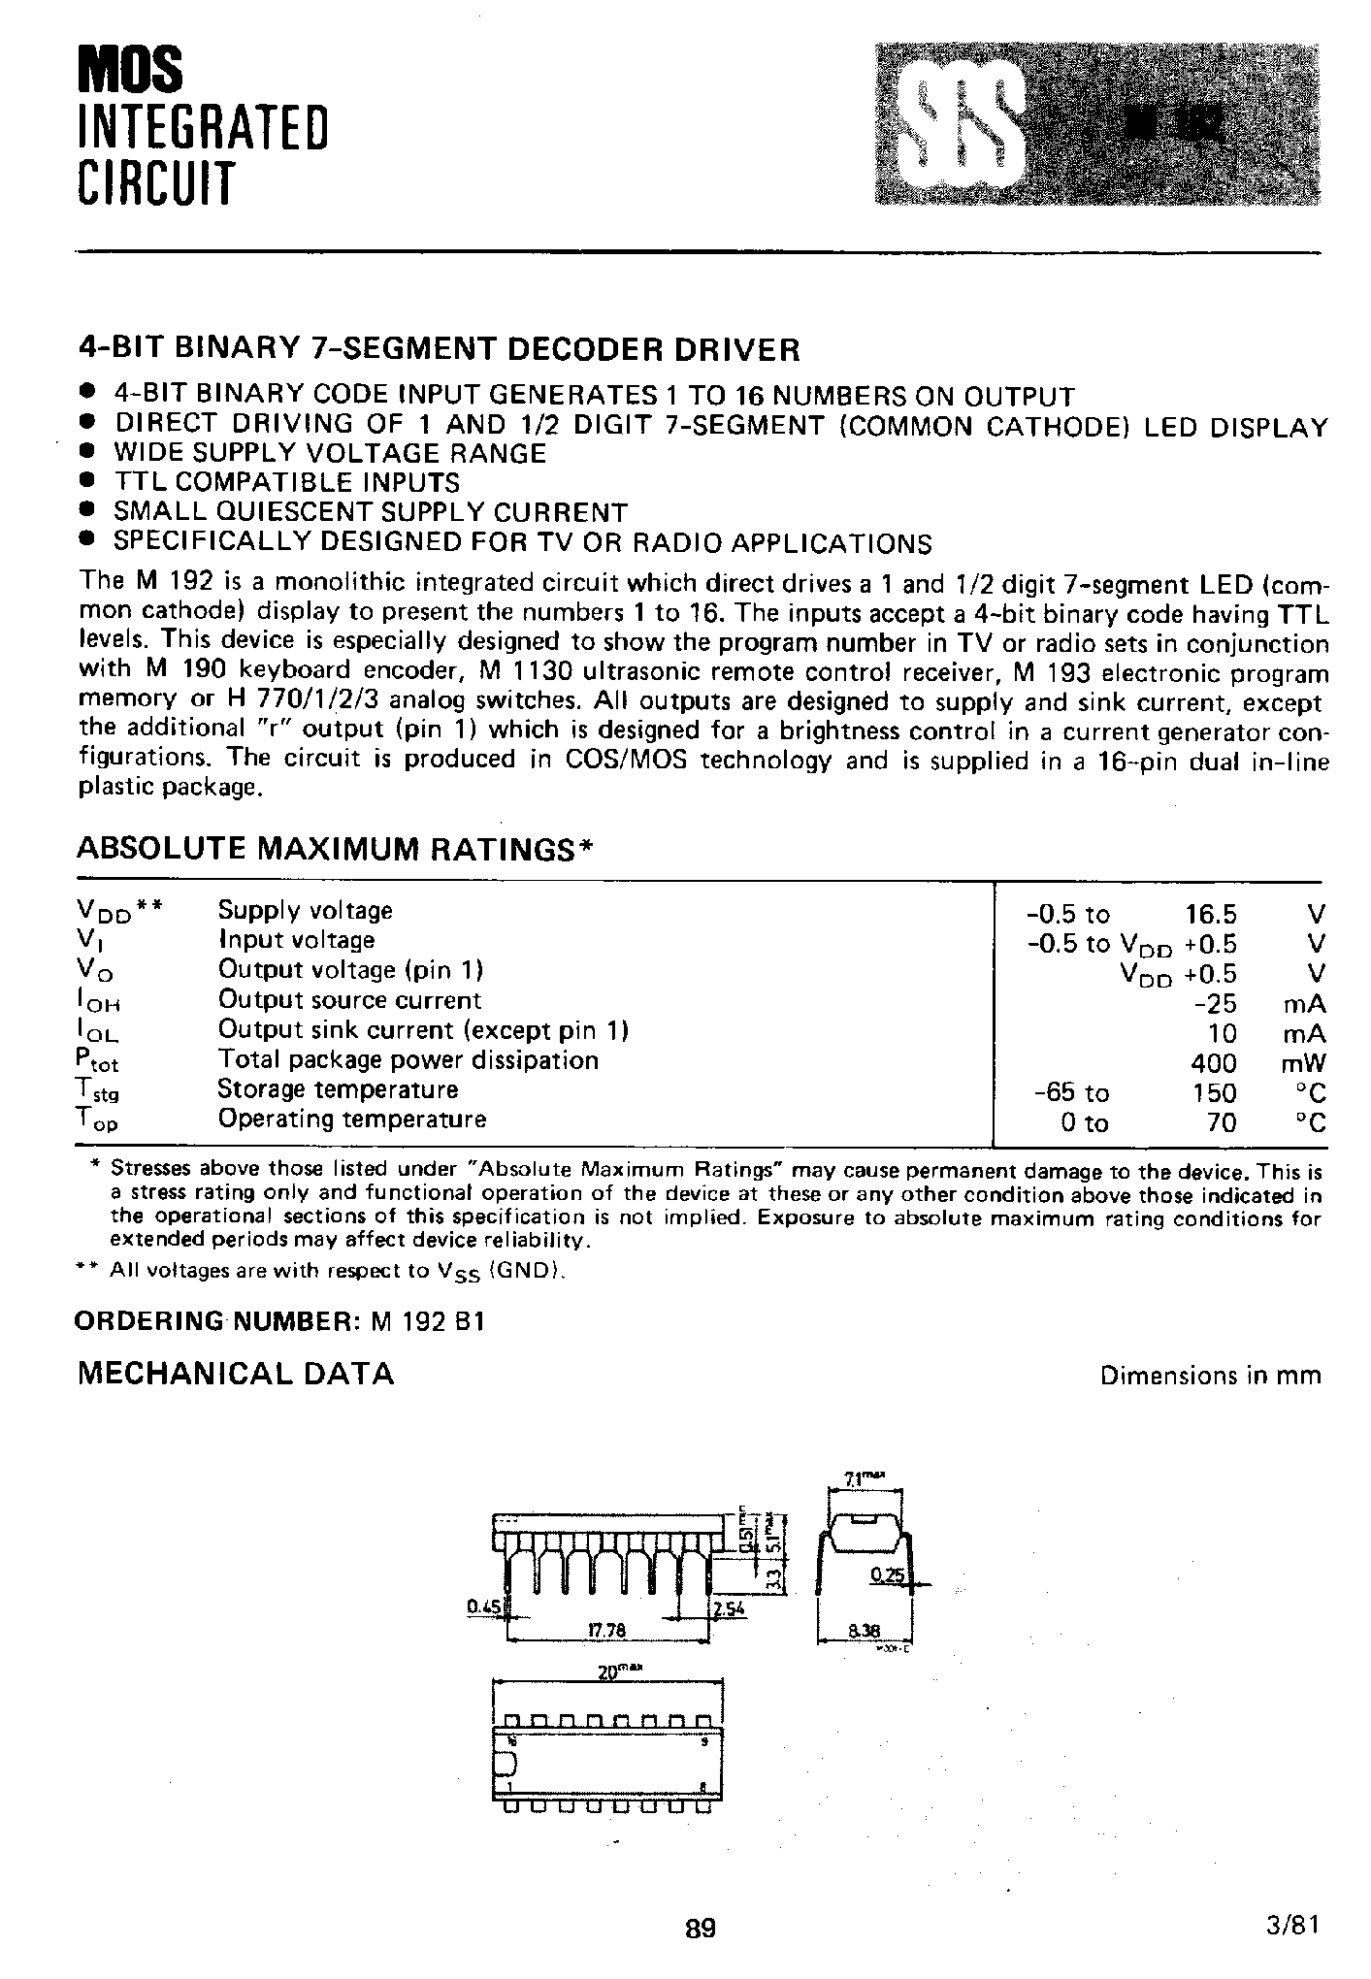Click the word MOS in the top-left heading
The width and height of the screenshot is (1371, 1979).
tap(130, 71)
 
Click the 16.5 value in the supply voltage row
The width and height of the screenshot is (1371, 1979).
tap(1210, 915)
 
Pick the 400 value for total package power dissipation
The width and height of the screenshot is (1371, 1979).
tap(1214, 1063)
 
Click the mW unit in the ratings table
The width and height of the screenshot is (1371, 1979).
tap(1302, 1063)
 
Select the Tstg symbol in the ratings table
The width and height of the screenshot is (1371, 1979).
tap(97, 1091)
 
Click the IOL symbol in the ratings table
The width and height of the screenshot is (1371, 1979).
tap(97, 1032)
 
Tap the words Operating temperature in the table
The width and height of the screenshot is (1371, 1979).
tap(351, 1119)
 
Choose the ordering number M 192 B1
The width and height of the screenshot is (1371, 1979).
tap(426, 1322)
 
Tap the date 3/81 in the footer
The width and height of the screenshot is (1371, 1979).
tap(1295, 1925)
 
